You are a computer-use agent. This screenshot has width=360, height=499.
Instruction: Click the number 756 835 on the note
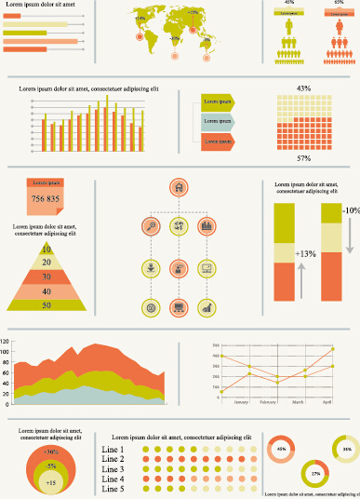pos(45,199)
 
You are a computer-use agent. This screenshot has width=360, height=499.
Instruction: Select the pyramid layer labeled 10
pos(46,249)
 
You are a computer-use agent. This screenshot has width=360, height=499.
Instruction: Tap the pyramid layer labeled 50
pos(46,304)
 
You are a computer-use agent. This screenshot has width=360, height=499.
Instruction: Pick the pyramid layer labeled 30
pos(46,276)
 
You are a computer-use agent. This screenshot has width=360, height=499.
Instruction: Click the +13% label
pos(305,253)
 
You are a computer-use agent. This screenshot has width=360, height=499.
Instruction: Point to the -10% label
pos(351,211)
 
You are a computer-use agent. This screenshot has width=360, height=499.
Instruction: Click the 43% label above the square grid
pos(303,88)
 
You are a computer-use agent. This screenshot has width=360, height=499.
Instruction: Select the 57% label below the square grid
pos(303,158)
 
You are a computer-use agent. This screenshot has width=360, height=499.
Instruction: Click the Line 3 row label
pos(112,468)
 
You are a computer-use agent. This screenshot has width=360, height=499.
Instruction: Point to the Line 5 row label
pos(112,488)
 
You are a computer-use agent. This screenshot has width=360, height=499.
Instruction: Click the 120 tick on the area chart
pos(5,342)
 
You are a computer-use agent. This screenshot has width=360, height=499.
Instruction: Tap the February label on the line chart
pos(268,401)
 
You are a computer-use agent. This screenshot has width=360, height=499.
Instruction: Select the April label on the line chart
pos(327,401)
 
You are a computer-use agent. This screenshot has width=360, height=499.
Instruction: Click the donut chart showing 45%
pos(281,450)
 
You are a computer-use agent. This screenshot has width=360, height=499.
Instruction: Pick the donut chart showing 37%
pos(315,474)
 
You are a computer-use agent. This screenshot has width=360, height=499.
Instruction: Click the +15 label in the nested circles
pos(50,482)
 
